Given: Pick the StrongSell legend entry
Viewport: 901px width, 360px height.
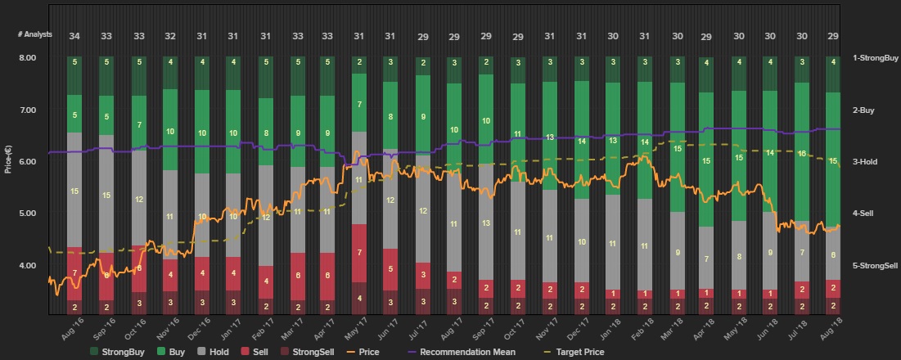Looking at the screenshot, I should [x=310, y=352].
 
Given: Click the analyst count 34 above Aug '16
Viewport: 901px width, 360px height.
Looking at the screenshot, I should [x=74, y=36].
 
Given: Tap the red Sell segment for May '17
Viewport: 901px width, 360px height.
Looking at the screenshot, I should [x=358, y=252].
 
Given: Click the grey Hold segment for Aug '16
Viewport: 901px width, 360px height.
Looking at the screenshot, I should [x=74, y=190].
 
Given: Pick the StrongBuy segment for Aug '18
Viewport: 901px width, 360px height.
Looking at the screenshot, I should [x=833, y=74].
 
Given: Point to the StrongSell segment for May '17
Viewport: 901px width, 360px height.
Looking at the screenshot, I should [x=358, y=298].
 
